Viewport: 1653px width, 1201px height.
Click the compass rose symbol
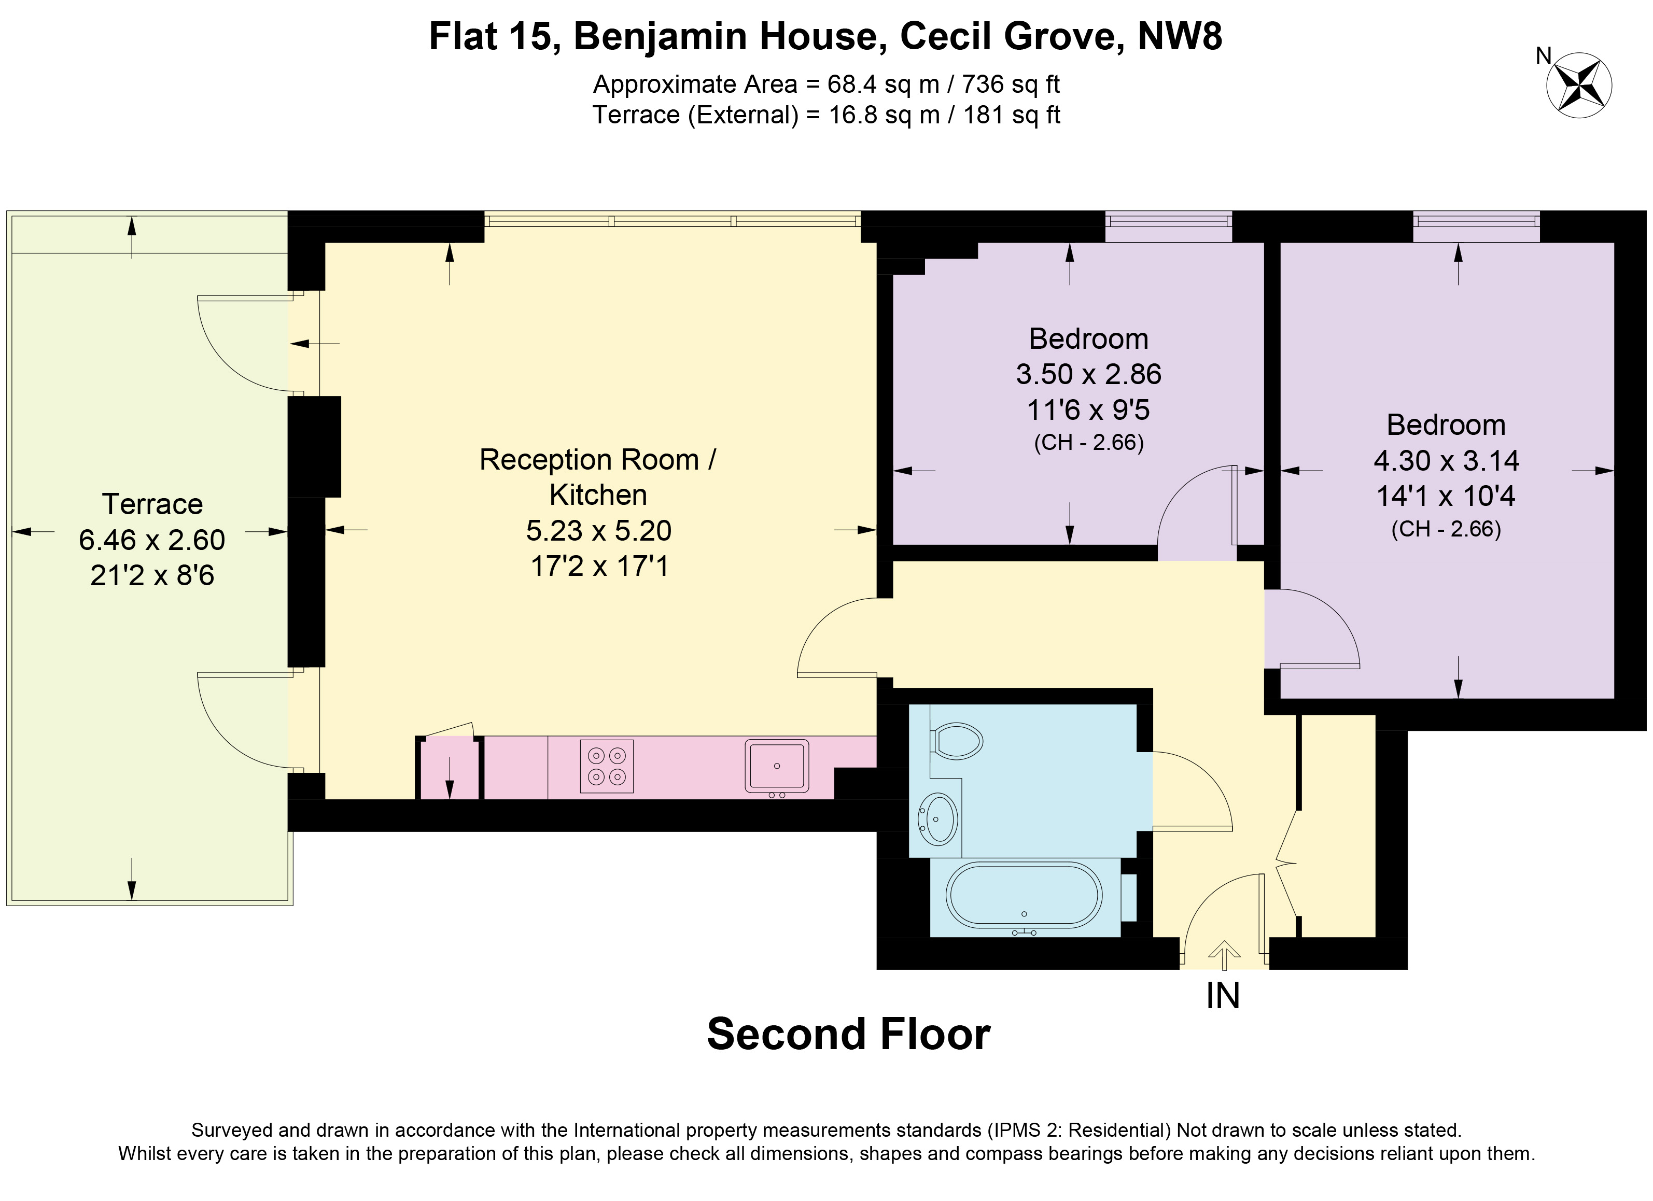point(1579,85)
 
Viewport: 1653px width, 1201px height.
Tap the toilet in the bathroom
point(956,740)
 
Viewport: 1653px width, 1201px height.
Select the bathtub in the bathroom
point(1024,896)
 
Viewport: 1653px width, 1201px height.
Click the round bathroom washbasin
point(938,819)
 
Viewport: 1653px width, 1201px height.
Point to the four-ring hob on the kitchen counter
point(606,766)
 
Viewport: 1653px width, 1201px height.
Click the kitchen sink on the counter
point(777,766)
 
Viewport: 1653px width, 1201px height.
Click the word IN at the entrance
point(1223,996)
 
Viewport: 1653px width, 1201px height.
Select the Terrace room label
point(152,504)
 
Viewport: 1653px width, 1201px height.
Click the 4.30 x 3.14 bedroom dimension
point(1446,461)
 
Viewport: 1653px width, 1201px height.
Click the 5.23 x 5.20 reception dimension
point(598,531)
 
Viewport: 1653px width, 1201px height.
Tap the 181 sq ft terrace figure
point(1012,115)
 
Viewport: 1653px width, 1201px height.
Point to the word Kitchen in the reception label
point(598,495)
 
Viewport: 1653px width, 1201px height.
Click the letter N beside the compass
point(1544,55)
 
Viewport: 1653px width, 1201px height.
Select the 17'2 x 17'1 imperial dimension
point(599,566)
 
